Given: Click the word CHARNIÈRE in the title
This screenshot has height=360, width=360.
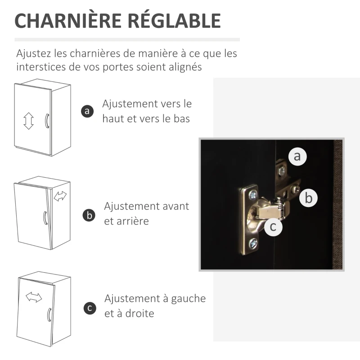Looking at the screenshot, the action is click(x=68, y=20).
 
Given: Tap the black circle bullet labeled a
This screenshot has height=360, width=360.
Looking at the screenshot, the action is click(x=87, y=111).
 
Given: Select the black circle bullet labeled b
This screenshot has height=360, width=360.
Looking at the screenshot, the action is click(x=89, y=216).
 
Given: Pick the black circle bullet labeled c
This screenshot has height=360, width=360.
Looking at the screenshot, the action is click(x=90, y=308).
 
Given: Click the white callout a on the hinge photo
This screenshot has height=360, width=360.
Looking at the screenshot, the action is click(x=297, y=156).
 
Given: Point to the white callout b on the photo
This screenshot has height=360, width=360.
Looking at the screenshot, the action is click(x=308, y=198).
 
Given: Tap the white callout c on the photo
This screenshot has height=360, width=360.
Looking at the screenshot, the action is click(x=273, y=227).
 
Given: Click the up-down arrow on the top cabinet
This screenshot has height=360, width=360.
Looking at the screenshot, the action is click(x=28, y=121).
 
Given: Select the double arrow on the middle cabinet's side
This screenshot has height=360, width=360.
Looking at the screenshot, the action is click(x=60, y=196).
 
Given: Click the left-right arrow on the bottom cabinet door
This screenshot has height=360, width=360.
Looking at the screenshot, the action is click(x=34, y=297).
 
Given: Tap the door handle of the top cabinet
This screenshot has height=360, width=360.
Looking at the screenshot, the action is click(x=47, y=121).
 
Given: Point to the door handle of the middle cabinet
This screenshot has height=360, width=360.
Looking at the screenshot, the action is click(x=45, y=218).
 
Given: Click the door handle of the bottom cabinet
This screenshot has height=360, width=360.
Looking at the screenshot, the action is click(x=49, y=315).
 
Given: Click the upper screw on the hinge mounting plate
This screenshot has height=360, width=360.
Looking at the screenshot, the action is click(x=253, y=195).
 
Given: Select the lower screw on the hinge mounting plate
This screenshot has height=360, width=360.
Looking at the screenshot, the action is click(x=253, y=243).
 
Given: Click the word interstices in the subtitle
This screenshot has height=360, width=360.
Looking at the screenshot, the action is click(x=41, y=67).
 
